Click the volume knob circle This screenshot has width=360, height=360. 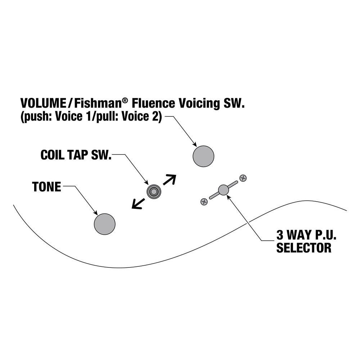[x=203, y=156]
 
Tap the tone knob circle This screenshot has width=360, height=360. [x=105, y=224]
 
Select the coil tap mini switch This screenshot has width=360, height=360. [x=154, y=192]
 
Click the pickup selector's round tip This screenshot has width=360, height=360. [x=224, y=190]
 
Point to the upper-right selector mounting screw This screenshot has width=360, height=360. [x=243, y=178]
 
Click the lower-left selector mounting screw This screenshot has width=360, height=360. [x=204, y=202]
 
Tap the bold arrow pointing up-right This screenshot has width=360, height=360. [x=170, y=180]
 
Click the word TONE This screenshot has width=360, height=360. [x=46, y=186]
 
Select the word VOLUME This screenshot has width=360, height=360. [x=43, y=103]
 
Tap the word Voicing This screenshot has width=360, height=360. [x=199, y=104]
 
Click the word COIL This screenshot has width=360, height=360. [x=53, y=155]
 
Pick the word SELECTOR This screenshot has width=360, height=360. [x=304, y=248]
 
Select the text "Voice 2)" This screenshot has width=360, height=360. [x=141, y=117]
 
